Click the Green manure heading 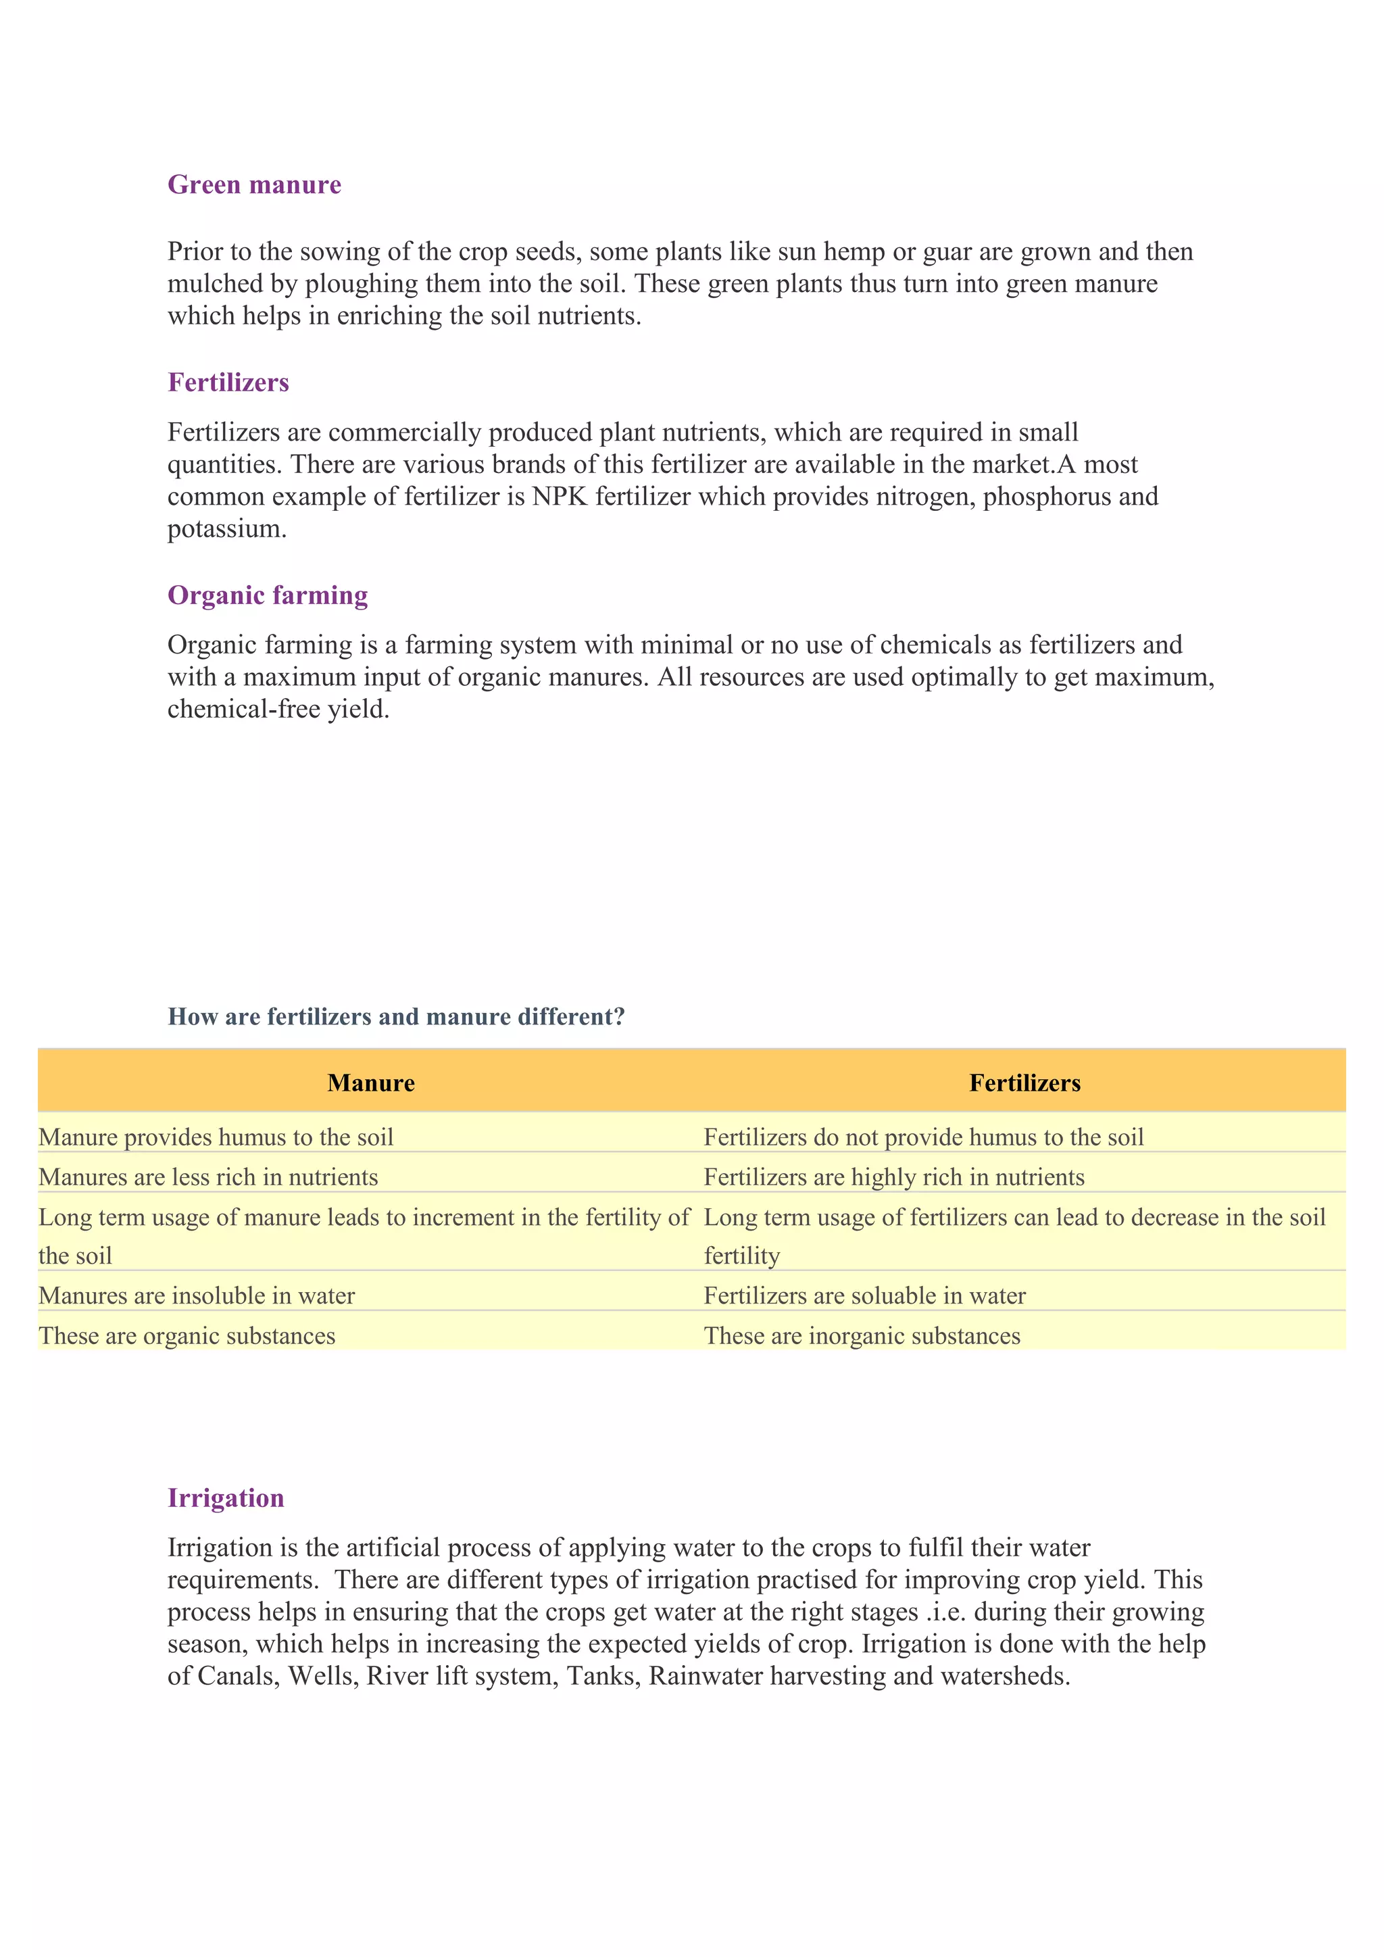pos(254,185)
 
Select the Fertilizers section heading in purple pos(228,382)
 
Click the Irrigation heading pos(226,1497)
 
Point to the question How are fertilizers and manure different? pos(396,1017)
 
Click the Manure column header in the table pos(371,1083)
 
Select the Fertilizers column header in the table pos(1024,1083)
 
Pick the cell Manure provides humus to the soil pos(216,1137)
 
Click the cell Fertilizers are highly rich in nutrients pos(894,1177)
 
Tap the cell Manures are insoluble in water pos(197,1295)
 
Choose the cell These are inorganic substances pos(862,1335)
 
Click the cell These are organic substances pos(187,1335)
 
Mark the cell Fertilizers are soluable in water pos(864,1295)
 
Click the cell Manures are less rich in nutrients pos(208,1177)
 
